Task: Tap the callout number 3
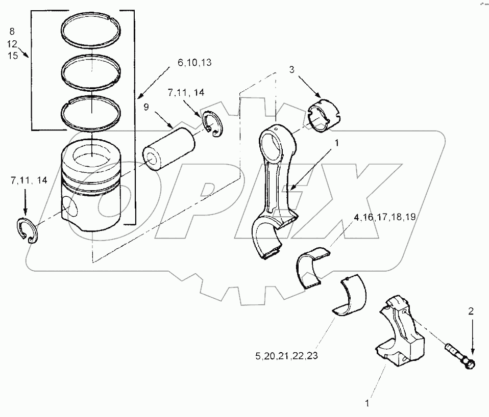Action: tap(292, 69)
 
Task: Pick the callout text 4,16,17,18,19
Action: tap(384, 217)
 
